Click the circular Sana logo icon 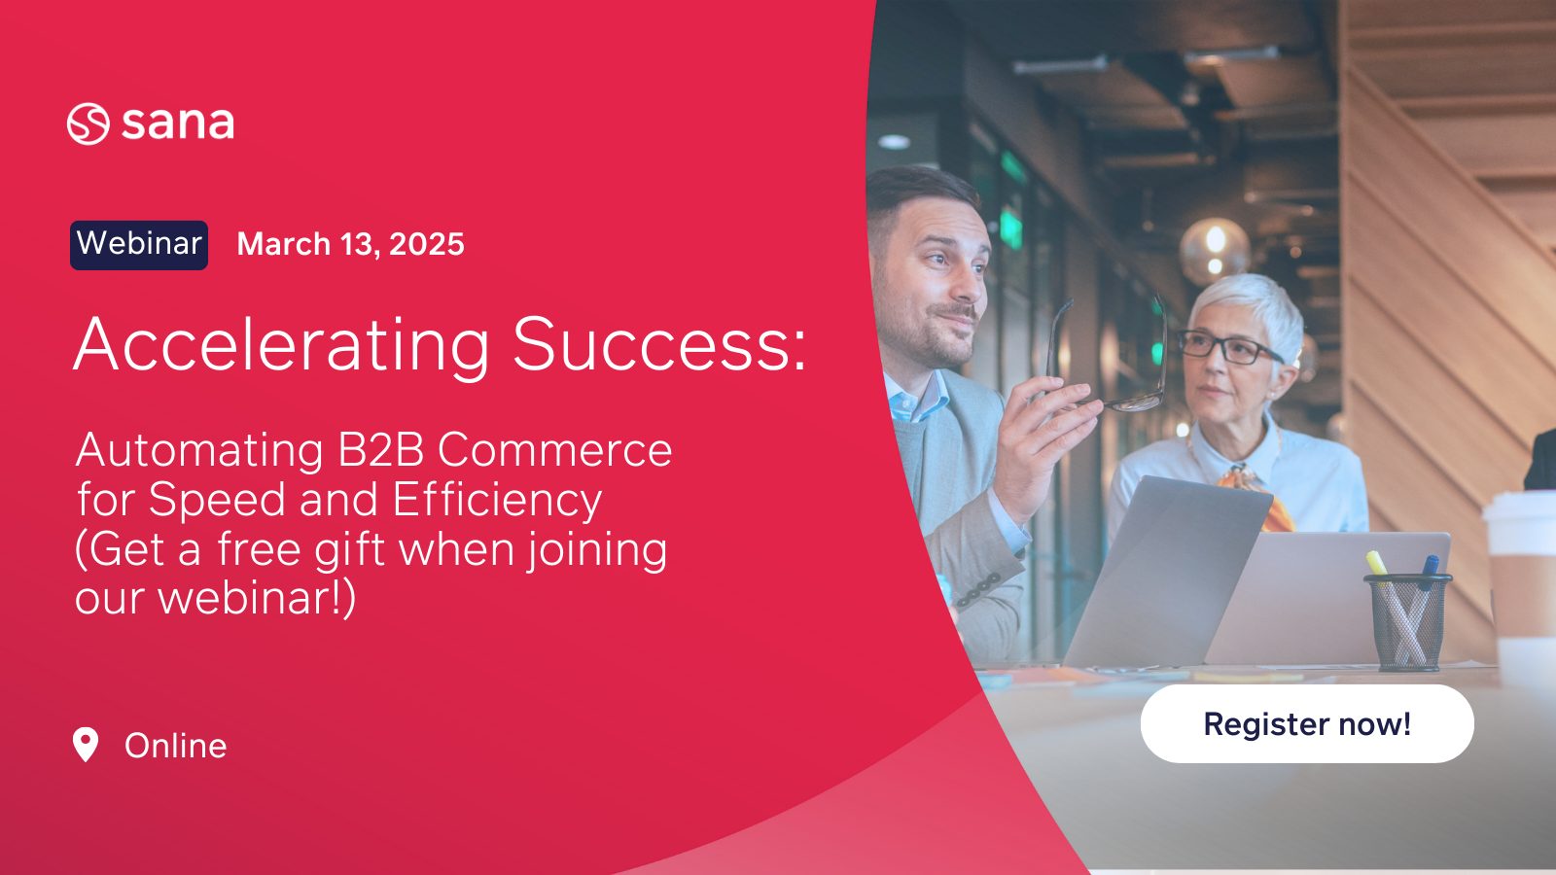point(88,123)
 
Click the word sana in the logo point(178,122)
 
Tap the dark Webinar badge point(139,244)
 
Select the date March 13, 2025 point(350,244)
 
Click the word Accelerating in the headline point(281,345)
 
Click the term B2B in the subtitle point(380,450)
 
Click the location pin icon point(86,745)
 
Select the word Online point(175,746)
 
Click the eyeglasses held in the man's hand point(1105,356)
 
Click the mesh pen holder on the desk point(1407,621)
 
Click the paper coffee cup point(1521,590)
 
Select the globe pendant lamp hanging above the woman point(1215,251)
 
